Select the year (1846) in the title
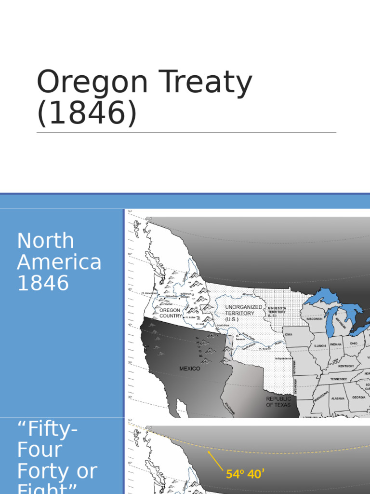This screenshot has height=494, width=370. [87, 113]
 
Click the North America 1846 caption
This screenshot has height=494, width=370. [59, 261]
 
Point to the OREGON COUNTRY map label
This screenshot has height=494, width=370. [171, 313]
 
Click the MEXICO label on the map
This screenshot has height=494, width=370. [190, 369]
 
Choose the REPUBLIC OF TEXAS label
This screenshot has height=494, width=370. [278, 402]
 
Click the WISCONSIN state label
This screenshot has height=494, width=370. [314, 318]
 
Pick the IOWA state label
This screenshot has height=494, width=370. [288, 334]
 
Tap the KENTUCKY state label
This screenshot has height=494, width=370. [345, 366]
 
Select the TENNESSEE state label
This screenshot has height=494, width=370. [339, 380]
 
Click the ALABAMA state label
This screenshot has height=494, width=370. [338, 398]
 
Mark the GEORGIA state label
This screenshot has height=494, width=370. [358, 398]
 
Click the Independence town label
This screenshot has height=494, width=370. [283, 358]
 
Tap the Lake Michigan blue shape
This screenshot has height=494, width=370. [332, 322]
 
